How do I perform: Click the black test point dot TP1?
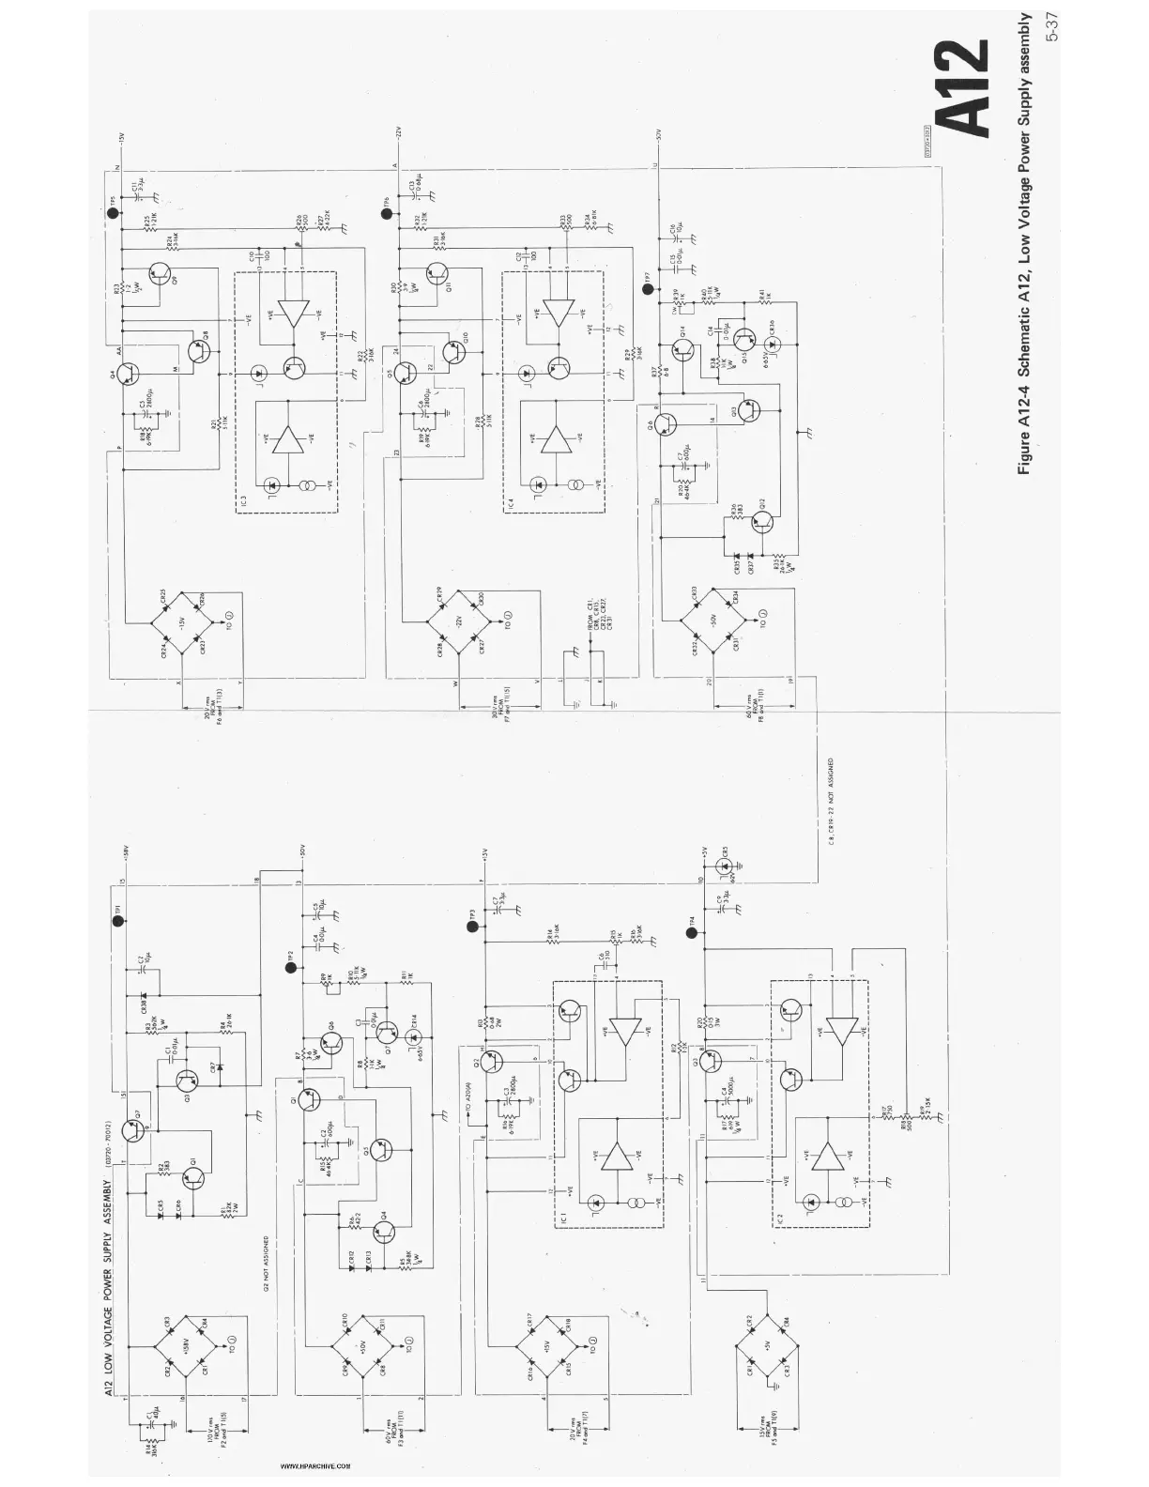pos(118,921)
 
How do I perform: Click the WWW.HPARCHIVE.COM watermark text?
pos(315,1464)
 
